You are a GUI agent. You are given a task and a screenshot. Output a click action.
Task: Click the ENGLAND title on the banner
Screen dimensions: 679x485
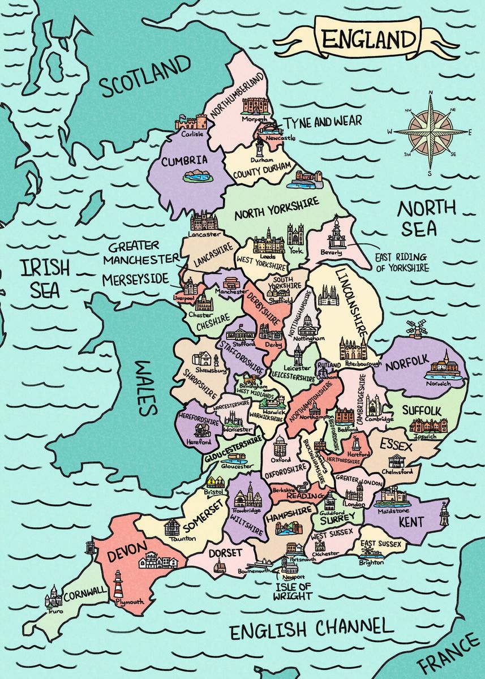click(x=368, y=40)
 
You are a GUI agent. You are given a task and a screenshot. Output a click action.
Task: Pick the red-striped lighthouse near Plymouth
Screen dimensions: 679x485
click(x=118, y=584)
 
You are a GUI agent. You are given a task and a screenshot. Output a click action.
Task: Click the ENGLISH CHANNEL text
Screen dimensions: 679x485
click(x=311, y=628)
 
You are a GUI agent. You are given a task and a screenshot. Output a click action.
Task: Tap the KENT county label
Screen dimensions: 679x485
click(x=410, y=521)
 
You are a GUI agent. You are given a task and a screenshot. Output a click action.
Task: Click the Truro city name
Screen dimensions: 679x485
click(x=55, y=612)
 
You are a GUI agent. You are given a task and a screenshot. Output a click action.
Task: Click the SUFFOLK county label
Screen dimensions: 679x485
click(x=421, y=409)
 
